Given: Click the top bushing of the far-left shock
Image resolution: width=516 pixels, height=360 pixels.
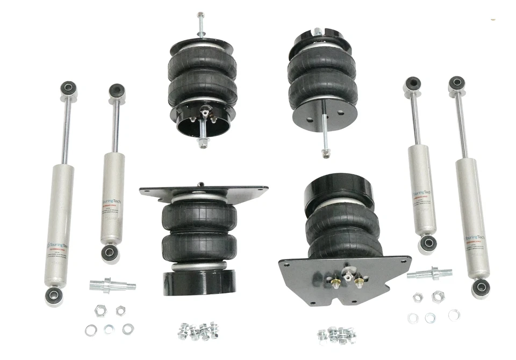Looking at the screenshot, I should click(68, 88).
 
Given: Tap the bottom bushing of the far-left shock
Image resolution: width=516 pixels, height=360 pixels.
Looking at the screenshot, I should click(54, 294).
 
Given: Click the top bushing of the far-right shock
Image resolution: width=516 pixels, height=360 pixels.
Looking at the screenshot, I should click(456, 83).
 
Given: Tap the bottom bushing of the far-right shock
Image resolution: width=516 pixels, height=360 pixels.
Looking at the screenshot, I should click(480, 287).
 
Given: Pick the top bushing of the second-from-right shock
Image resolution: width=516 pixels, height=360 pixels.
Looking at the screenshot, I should click(412, 85).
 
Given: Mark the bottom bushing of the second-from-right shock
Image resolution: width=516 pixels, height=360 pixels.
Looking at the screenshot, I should click(428, 243).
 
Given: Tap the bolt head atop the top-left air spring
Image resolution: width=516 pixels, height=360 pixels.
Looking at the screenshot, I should click(200, 15).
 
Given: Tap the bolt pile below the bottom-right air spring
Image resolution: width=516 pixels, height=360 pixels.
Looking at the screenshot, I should click(336, 334).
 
